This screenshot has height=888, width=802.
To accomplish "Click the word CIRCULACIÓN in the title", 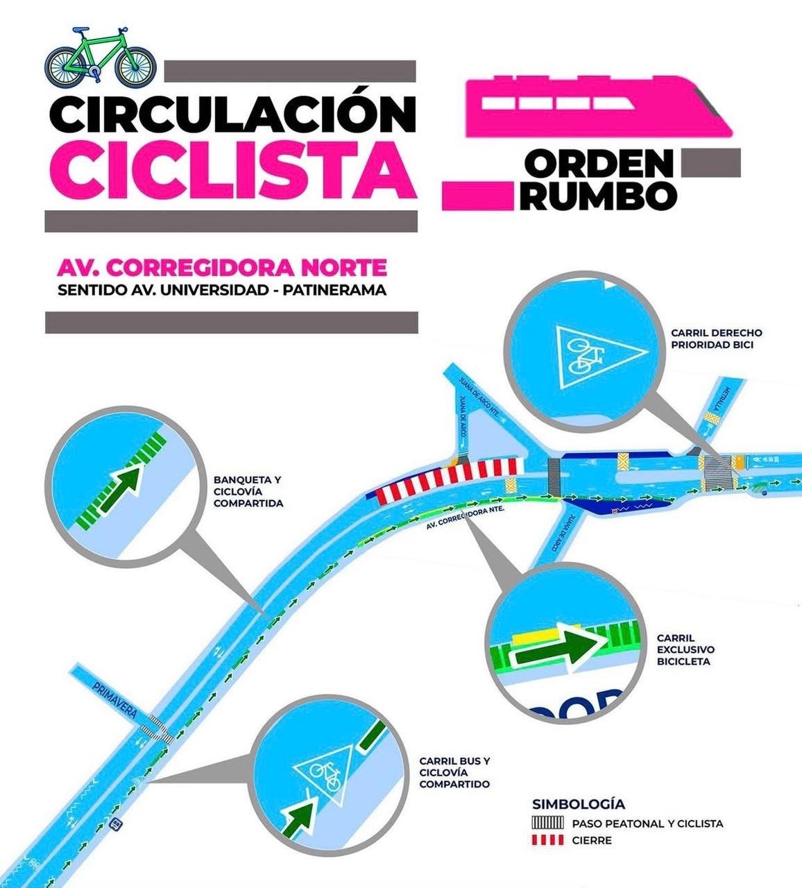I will click(232, 114).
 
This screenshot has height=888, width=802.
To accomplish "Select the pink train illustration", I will click(597, 108).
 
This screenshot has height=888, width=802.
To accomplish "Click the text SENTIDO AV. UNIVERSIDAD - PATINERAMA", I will click(222, 290).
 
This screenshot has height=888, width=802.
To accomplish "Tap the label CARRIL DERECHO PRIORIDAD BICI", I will click(717, 339).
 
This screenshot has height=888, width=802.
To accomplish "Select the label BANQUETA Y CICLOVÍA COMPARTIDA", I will click(248, 491).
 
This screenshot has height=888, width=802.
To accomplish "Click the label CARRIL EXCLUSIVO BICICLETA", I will click(685, 649).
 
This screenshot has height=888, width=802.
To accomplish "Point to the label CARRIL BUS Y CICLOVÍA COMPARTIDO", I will click(454, 772).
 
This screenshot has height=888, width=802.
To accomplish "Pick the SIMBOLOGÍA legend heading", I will click(579, 804).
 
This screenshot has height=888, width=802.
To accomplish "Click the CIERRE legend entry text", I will click(592, 840).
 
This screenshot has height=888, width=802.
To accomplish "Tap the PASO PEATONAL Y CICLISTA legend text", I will click(648, 823).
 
